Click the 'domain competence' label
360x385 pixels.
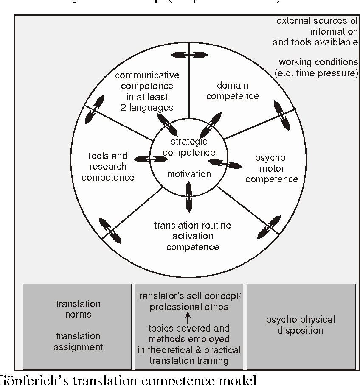[233, 91]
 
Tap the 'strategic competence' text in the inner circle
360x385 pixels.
[189, 147]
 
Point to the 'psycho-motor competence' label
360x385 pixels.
[272, 169]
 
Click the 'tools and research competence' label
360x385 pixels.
[108, 167]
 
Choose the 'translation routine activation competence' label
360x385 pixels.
[193, 236]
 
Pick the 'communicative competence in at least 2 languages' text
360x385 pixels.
[147, 91]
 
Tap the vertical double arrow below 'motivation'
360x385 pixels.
[189, 196]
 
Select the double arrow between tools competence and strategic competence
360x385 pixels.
[151, 159]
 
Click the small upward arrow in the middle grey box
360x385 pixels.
[188, 318]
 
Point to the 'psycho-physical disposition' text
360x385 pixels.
[301, 325]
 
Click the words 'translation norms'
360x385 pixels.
[78, 309]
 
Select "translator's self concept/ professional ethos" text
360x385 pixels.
[188, 301]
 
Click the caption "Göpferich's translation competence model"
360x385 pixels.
[127, 379]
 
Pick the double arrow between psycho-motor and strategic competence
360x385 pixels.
[225, 163]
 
